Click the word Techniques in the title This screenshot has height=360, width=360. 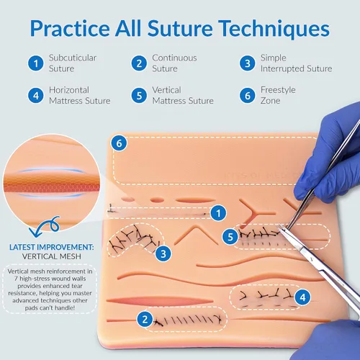pyautogui.click(x=274, y=28)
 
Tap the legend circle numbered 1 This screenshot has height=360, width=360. pyautogui.click(x=36, y=63)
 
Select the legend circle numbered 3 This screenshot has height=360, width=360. pyautogui.click(x=248, y=63)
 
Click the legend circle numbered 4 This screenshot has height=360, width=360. pyautogui.click(x=36, y=96)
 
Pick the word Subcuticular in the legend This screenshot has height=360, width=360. pyautogui.click(x=73, y=58)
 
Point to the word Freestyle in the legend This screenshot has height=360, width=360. pyautogui.click(x=278, y=90)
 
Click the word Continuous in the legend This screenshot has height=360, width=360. pyautogui.click(x=174, y=58)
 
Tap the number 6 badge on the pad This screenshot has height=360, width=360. pyautogui.click(x=119, y=143)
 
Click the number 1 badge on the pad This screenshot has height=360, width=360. pyautogui.click(x=218, y=213)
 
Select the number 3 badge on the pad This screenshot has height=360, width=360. pyautogui.click(x=163, y=253)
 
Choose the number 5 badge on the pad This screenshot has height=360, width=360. pyautogui.click(x=230, y=237)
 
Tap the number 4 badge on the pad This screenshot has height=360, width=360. pyautogui.click(x=302, y=297)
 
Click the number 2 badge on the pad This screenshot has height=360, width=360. pyautogui.click(x=145, y=320)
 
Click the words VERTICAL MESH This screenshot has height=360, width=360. pyautogui.click(x=52, y=256)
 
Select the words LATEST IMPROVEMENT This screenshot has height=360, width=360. pyautogui.click(x=51, y=247)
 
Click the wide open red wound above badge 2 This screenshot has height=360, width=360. pyautogui.click(x=160, y=301)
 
